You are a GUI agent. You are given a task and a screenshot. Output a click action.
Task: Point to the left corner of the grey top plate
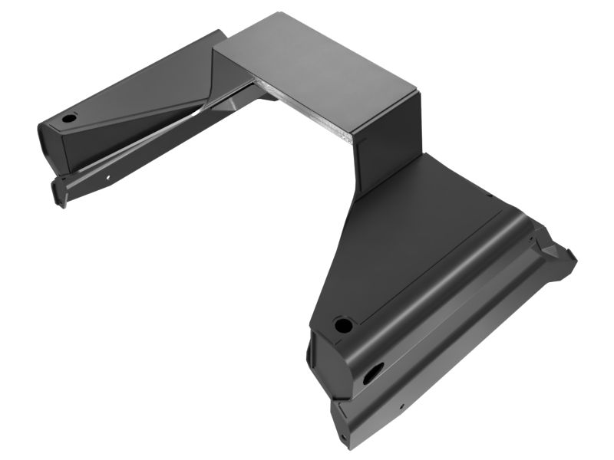pos(213,49)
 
